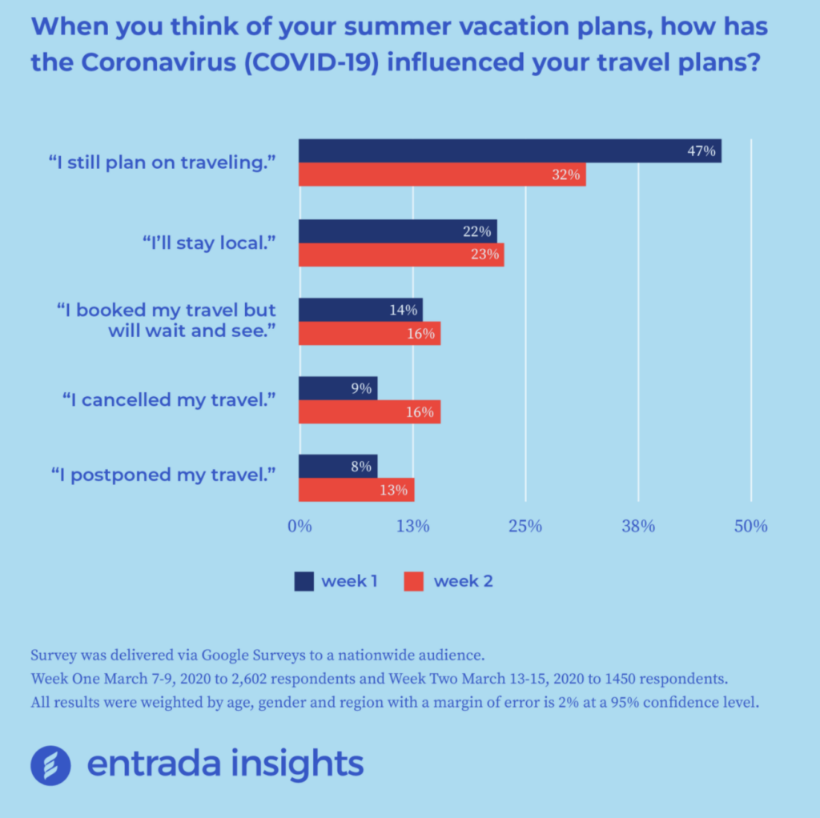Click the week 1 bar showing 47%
[510, 150]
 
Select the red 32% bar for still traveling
[442, 174]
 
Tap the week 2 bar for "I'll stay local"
[402, 255]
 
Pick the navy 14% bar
[361, 310]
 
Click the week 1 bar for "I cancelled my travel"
[338, 388]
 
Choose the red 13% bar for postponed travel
[356, 490]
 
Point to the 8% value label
[361, 467]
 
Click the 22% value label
[477, 231]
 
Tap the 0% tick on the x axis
[299, 527]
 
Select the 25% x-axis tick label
[525, 527]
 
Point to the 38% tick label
[638, 527]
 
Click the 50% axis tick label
[751, 527]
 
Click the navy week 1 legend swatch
[303, 581]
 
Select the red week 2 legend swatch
[414, 581]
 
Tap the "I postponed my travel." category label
[163, 475]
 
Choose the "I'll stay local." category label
[209, 243]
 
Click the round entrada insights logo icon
[50, 765]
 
